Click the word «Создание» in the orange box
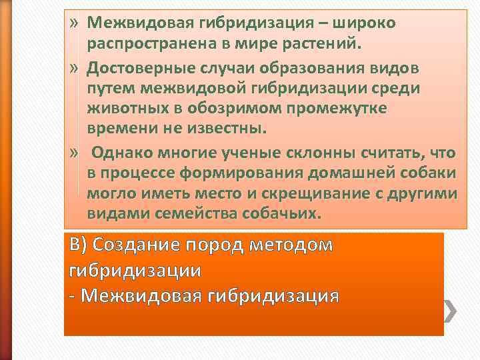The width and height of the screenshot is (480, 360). coord(140,245)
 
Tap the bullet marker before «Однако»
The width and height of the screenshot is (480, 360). coord(75,153)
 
